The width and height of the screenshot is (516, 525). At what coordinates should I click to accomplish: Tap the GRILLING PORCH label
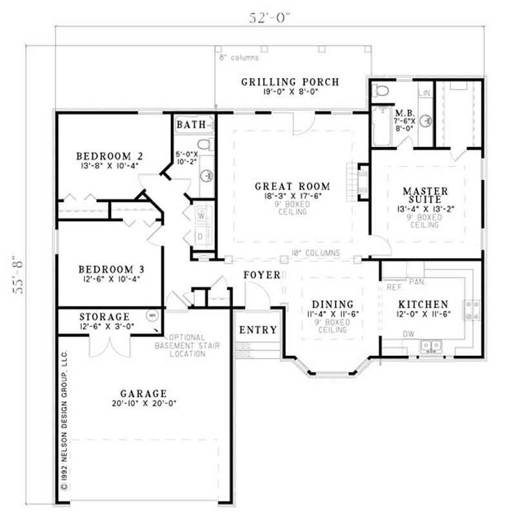pyautogui.click(x=290, y=82)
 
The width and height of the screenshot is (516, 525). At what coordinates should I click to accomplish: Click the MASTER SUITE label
pyautogui.click(x=425, y=196)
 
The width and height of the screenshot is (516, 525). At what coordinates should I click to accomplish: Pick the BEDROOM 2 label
pyautogui.click(x=109, y=156)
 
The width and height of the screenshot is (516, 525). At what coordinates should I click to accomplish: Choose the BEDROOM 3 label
pyautogui.click(x=109, y=269)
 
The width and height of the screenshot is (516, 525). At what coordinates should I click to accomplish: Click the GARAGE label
pyautogui.click(x=143, y=393)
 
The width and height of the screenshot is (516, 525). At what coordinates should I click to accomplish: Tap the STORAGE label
pyautogui.click(x=104, y=317)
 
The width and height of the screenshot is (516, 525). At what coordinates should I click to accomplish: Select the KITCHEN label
pyautogui.click(x=422, y=304)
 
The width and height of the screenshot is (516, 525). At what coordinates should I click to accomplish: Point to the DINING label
pyautogui.click(x=333, y=304)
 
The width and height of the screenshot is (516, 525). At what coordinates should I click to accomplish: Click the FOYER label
pyautogui.click(x=262, y=275)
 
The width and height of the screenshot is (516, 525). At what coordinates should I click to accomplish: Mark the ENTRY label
pyautogui.click(x=258, y=330)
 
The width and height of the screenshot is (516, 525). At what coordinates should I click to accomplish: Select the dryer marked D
pyautogui.click(x=201, y=236)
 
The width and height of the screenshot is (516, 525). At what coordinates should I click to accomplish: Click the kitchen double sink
pyautogui.click(x=430, y=346)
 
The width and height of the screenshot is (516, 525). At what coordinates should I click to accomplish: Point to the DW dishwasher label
pyautogui.click(x=409, y=334)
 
